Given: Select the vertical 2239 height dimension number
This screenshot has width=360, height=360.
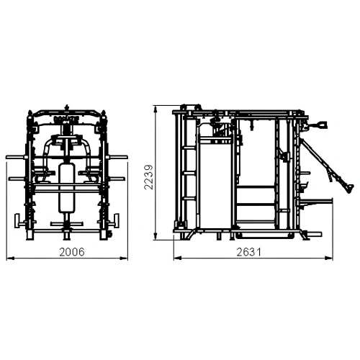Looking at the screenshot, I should [148, 176].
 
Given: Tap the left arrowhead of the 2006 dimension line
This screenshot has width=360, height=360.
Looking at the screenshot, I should [8, 257].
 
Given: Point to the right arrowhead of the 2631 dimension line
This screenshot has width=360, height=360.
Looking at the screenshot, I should [332, 257].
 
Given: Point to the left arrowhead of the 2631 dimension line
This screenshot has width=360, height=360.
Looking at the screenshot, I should [174, 257].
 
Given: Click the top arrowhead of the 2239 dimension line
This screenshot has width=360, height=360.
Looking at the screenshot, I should [157, 109].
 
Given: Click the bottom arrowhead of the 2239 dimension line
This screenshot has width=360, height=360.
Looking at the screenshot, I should [157, 239].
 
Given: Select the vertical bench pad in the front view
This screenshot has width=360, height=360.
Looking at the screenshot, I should [66, 186].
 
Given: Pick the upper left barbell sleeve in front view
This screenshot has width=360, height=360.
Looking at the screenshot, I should [16, 156].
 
